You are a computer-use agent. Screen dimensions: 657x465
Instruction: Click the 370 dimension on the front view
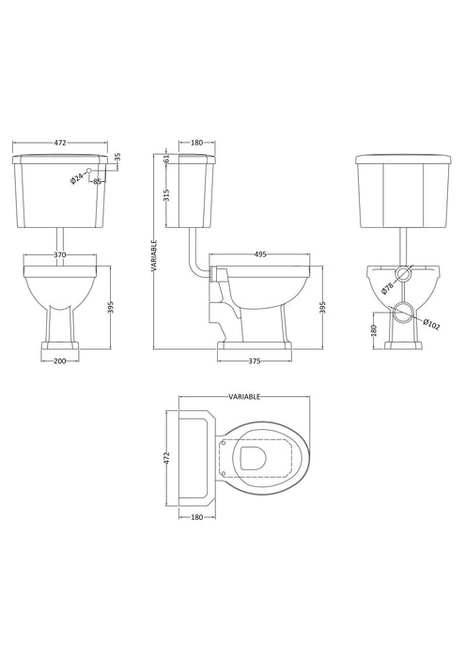(x=61, y=253)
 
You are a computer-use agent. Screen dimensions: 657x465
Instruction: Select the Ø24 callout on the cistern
(x=79, y=177)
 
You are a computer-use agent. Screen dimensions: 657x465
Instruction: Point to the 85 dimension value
(x=97, y=181)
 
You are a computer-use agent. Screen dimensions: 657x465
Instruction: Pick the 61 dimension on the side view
(x=167, y=160)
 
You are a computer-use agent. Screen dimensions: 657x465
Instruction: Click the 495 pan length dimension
(x=260, y=253)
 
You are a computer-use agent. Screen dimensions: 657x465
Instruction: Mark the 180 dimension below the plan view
(x=196, y=515)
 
